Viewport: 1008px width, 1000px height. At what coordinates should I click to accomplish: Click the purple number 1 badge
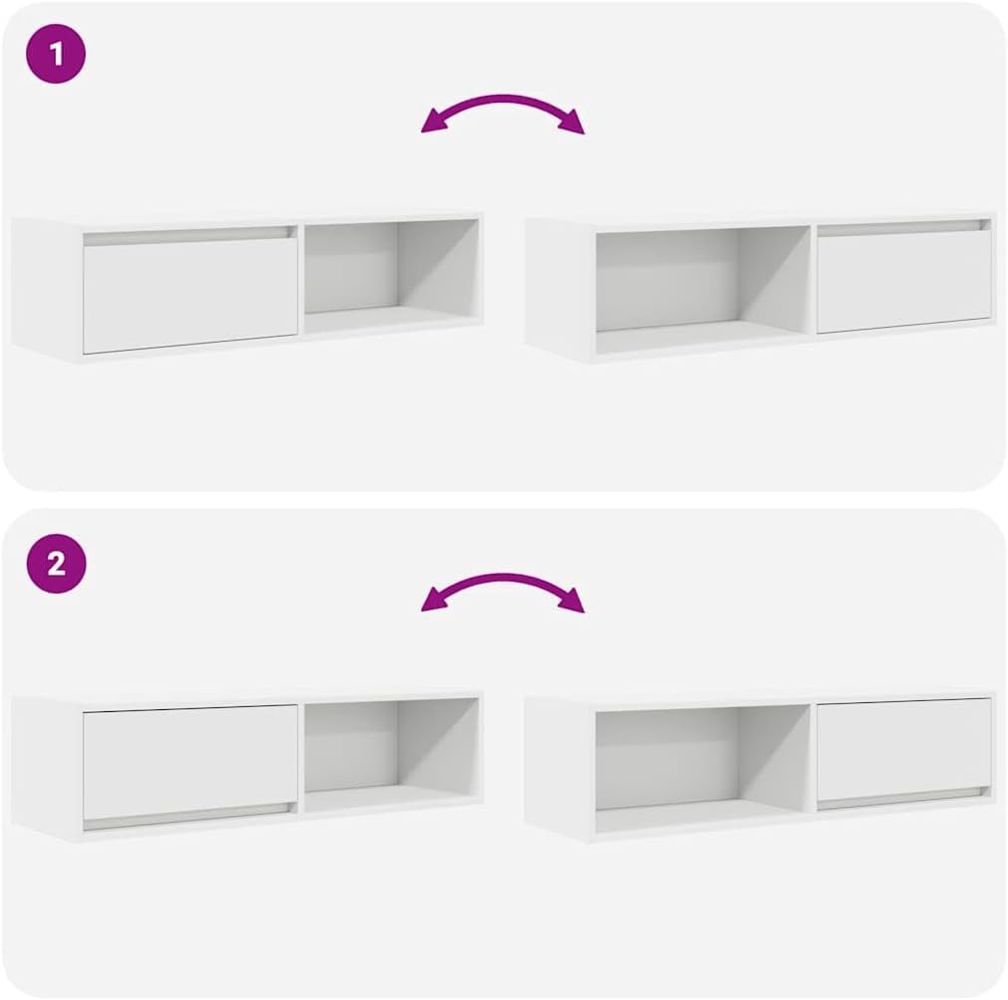pyautogui.click(x=56, y=54)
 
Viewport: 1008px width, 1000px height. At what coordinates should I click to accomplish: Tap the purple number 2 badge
pyautogui.click(x=56, y=564)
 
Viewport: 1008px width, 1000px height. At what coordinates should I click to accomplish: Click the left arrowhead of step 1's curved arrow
pyautogui.click(x=430, y=125)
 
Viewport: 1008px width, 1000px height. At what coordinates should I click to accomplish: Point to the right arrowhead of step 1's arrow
pyautogui.click(x=575, y=125)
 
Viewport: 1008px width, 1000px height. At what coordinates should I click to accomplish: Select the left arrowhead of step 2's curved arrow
pyautogui.click(x=430, y=602)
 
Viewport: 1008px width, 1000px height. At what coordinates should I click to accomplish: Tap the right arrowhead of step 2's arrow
pyautogui.click(x=575, y=602)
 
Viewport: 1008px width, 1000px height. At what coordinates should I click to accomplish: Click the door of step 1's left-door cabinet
pyautogui.click(x=190, y=295)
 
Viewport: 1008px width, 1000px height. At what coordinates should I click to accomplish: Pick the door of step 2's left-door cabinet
pyautogui.click(x=190, y=753)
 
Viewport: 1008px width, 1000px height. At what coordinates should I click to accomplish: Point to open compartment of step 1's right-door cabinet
pyautogui.click(x=703, y=281)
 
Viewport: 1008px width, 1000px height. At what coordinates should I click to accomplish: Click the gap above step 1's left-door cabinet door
pyautogui.click(x=189, y=235)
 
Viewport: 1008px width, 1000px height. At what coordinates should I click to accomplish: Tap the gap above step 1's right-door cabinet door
pyautogui.click(x=903, y=227)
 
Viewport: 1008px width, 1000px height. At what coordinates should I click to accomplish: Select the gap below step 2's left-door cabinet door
pyautogui.click(x=189, y=823)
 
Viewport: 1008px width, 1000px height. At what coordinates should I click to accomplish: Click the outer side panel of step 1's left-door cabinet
pyautogui.click(x=46, y=287)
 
